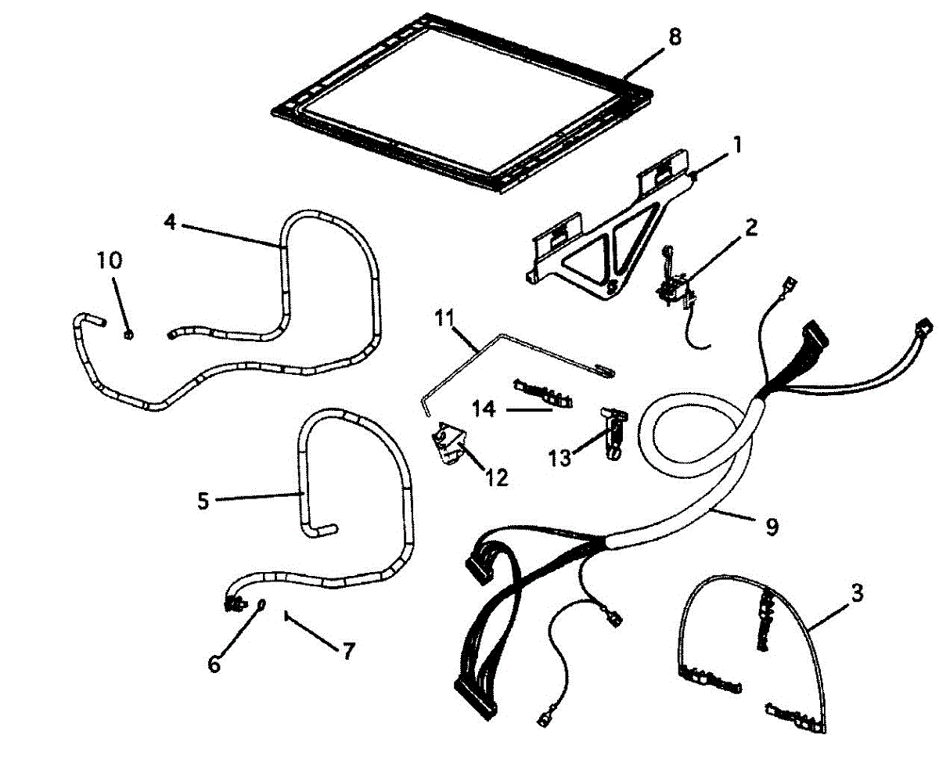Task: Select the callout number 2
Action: click(750, 229)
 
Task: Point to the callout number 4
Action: click(169, 222)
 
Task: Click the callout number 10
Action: click(110, 260)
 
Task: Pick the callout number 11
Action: click(444, 317)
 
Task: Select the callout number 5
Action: click(203, 501)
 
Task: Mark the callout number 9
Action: click(771, 527)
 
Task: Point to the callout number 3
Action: click(856, 593)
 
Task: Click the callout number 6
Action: click(214, 664)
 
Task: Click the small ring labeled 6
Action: click(261, 603)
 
